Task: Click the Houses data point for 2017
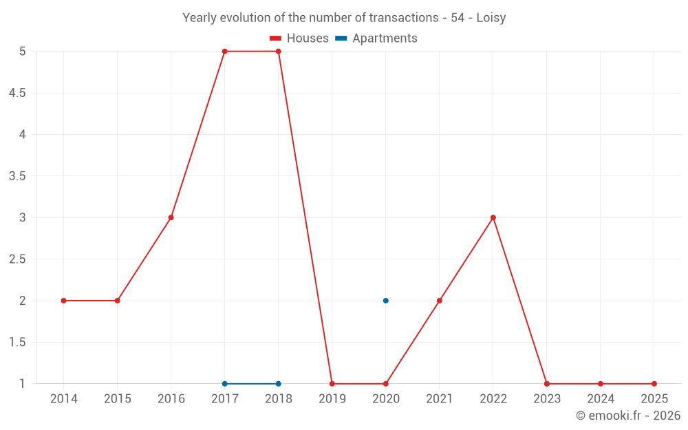225,52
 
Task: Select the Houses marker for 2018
279,52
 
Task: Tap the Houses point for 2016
171,217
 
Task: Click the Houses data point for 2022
493,217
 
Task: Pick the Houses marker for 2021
440,301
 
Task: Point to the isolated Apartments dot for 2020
386,301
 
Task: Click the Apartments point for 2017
225,384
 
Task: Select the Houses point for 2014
64,301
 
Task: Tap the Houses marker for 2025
654,384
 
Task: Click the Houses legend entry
299,39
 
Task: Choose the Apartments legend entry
376,39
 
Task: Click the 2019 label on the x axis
332,399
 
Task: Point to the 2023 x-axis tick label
547,399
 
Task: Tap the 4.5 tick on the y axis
17,93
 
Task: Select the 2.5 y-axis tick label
17,259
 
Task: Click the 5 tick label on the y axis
23,52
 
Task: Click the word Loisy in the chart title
491,18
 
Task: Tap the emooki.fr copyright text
628,416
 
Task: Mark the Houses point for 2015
118,301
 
